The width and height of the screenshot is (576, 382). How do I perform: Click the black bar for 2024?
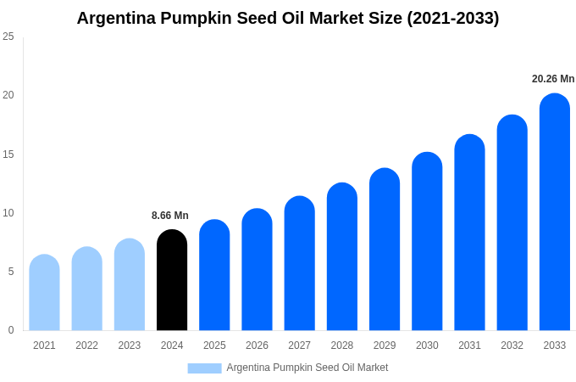pos(172,280)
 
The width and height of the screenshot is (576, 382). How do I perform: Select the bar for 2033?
pos(555,212)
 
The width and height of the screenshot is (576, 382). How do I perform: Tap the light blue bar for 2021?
pos(44,293)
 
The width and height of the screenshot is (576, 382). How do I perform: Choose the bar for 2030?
pos(427,241)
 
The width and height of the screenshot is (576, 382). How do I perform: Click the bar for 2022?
pos(86,289)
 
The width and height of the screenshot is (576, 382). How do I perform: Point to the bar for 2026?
pos(257,269)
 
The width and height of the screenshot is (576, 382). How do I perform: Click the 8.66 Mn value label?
pos(170,216)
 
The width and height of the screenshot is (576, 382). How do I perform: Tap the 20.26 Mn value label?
pos(553,79)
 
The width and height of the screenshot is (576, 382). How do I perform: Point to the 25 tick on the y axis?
pos(8,37)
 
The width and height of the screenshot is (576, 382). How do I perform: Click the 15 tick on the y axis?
pos(8,154)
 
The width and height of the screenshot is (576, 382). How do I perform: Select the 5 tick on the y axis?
pos(10,272)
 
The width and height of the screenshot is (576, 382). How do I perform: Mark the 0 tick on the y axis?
pos(10,330)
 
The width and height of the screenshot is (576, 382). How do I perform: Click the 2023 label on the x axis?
pos(130,345)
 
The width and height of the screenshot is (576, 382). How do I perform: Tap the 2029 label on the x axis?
pos(385,345)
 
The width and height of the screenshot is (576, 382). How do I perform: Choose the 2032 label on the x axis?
pos(512,345)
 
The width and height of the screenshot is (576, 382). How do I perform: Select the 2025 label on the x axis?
pos(214,345)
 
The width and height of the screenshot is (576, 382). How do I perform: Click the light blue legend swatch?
pos(204,368)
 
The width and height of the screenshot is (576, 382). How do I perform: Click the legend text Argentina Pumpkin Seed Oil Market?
pos(307,368)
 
